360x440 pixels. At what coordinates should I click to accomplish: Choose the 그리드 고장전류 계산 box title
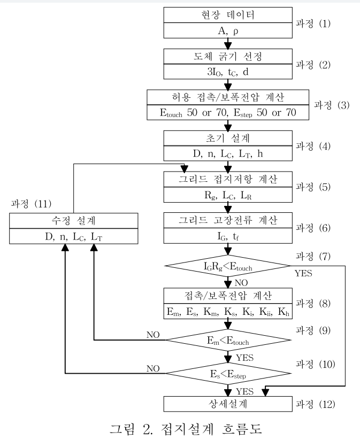pyautogui.click(x=228, y=219)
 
